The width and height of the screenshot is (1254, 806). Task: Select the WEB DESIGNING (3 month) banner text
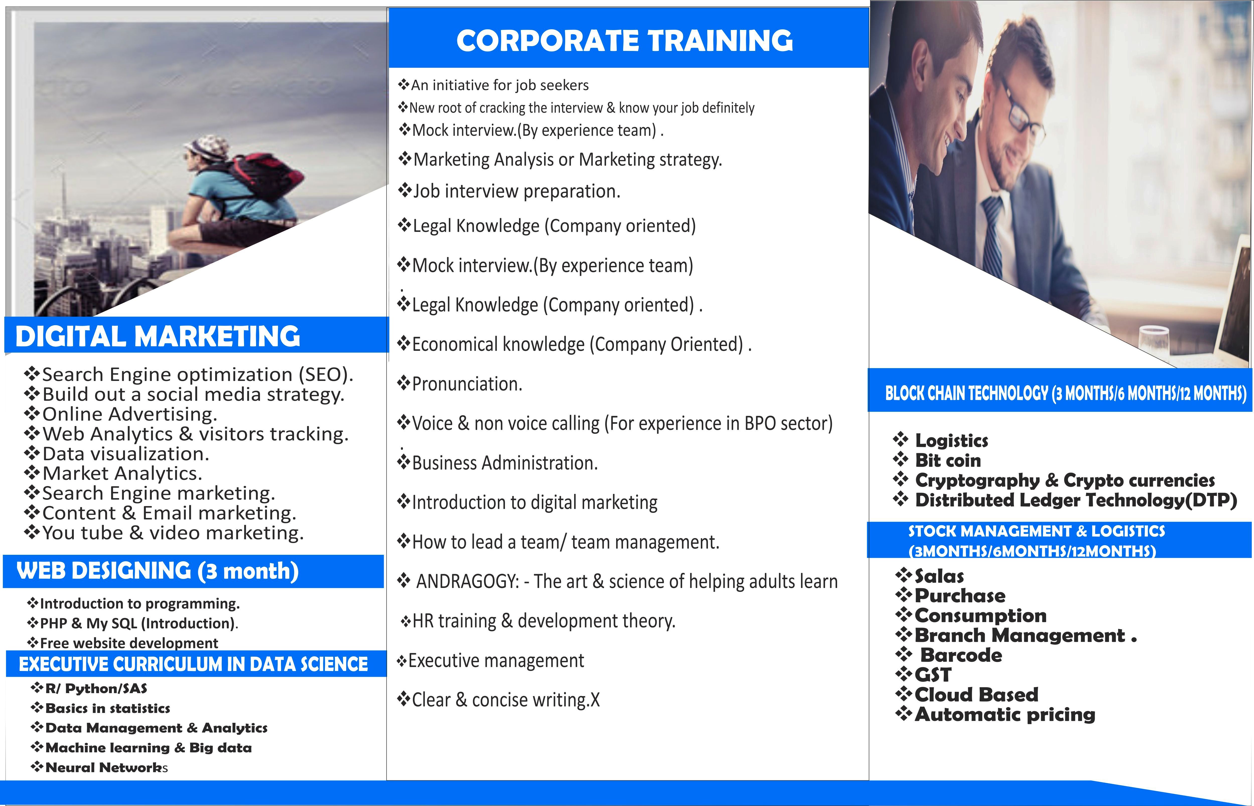158,570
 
